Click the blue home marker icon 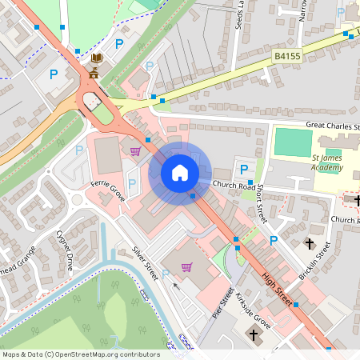[180, 173]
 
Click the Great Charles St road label [333, 126]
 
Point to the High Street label [279, 290]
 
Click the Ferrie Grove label [107, 191]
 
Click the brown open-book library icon [97, 58]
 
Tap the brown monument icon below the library [94, 73]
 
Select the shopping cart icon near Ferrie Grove [135, 150]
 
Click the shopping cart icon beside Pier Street [186, 267]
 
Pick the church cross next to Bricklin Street [309, 242]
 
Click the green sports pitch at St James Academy [293, 142]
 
